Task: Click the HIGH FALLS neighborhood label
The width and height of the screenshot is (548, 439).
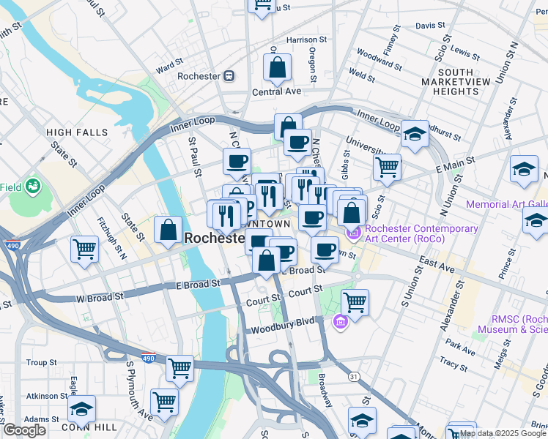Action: pos(77,132)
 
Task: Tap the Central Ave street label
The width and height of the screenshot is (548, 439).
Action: pos(277,92)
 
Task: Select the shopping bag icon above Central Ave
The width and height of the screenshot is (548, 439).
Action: pos(278,68)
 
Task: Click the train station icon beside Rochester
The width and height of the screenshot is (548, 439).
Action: pos(229,75)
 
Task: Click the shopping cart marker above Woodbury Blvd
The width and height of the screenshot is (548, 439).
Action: pos(355,301)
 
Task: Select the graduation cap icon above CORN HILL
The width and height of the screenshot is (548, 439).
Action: pos(81,408)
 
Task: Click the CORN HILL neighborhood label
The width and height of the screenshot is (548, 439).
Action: pos(81,427)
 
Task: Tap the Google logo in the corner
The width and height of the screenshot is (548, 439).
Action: pos(23,429)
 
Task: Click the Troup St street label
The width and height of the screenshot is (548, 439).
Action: pos(41,363)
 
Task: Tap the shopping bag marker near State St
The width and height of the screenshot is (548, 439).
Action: pos(169,230)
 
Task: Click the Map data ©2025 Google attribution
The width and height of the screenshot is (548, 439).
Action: pos(503,433)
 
